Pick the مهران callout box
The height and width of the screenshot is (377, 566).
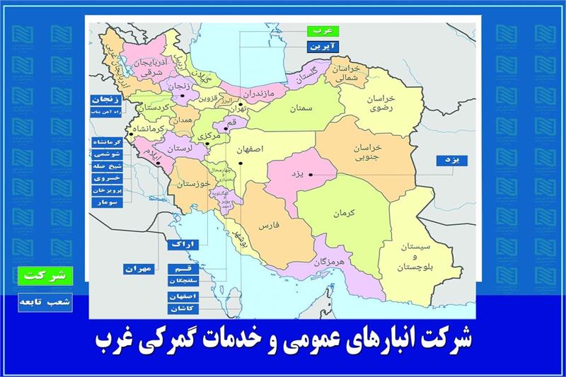point(138,269)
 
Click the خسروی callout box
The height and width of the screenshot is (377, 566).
point(107,179)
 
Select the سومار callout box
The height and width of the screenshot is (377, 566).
point(107,202)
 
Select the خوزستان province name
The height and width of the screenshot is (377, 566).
point(193,184)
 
